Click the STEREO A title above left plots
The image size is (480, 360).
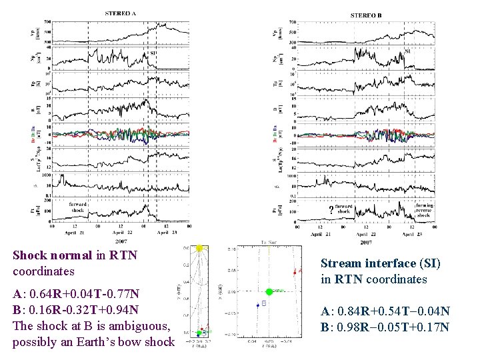[121, 13]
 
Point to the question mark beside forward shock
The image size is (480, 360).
[331, 211]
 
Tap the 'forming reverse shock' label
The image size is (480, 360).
[424, 211]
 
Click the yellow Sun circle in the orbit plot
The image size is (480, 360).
[199, 249]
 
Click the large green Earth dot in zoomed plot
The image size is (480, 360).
[269, 291]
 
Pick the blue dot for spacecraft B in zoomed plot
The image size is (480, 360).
[258, 305]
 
